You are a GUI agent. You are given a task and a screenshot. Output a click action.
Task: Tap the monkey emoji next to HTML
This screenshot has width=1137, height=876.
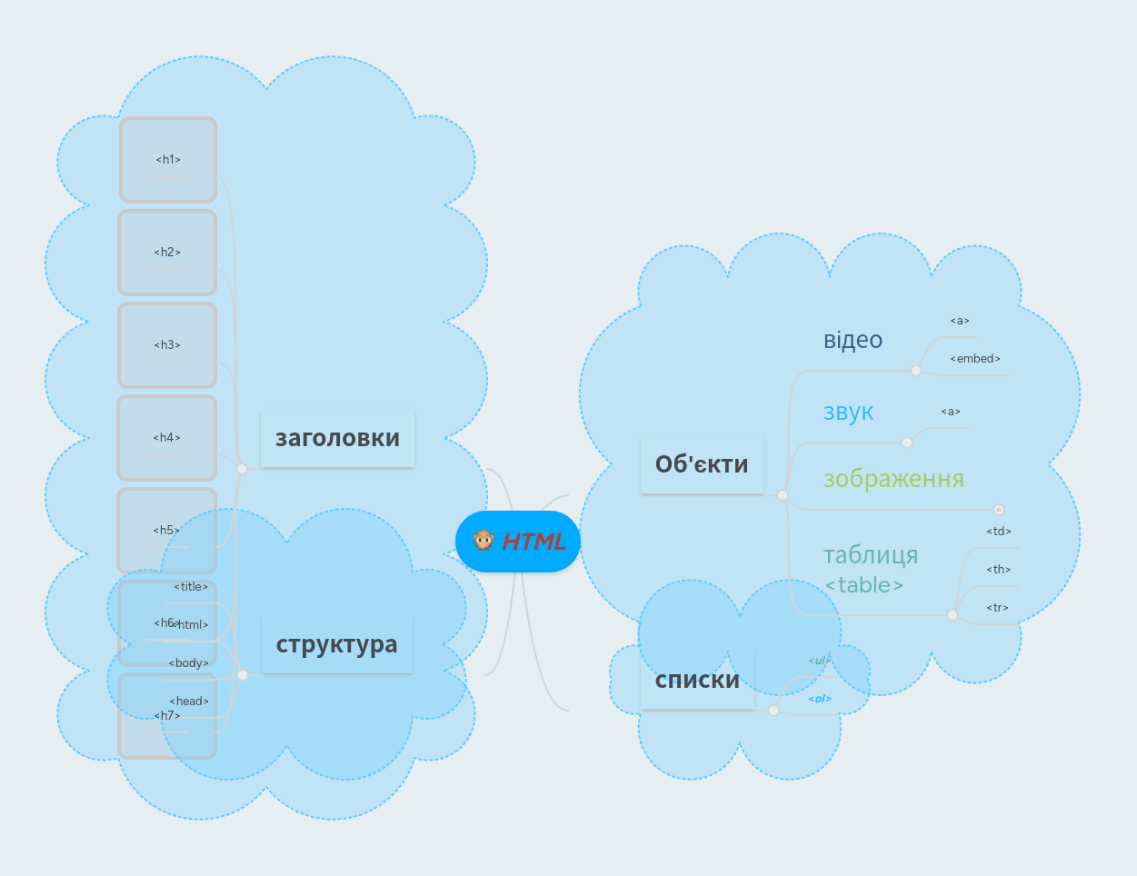pos(484,541)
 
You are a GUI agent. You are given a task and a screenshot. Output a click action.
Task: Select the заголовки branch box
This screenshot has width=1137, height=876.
pos(337,438)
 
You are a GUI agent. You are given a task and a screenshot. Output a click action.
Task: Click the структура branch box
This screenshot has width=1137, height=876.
pos(336,644)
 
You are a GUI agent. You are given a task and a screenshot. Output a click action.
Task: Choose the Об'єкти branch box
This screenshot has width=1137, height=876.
pos(702,464)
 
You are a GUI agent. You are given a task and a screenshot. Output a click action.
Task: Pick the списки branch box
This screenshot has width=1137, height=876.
pos(697,680)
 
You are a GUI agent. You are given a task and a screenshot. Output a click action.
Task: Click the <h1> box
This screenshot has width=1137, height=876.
pos(168,160)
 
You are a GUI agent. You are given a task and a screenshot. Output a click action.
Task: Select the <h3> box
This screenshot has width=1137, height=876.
pos(167,345)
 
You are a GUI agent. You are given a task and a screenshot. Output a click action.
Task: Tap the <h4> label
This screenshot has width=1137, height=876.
pos(167,438)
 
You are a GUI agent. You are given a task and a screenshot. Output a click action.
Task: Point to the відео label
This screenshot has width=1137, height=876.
pos(853,340)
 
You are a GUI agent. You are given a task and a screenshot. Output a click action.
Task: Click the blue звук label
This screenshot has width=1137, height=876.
pos(848,412)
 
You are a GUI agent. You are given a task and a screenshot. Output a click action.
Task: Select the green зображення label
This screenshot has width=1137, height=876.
pos(893,478)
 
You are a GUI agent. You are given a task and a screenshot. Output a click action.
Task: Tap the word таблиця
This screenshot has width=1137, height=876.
pos(871,554)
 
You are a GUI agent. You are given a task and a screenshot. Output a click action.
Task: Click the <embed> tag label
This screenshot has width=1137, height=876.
pos(975,359)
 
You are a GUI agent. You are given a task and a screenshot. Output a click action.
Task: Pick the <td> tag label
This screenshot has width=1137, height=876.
pos(999,532)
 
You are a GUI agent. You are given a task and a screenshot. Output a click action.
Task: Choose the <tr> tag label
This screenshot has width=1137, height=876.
pos(998,608)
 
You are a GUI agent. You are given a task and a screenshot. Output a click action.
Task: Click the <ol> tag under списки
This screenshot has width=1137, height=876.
pos(820,699)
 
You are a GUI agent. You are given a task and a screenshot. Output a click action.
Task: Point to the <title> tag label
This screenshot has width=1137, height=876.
pos(191,587)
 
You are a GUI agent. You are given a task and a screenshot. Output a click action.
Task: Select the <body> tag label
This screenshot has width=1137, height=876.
pos(189,663)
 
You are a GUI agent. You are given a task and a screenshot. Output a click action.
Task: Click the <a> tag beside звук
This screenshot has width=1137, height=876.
pos(951,413)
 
